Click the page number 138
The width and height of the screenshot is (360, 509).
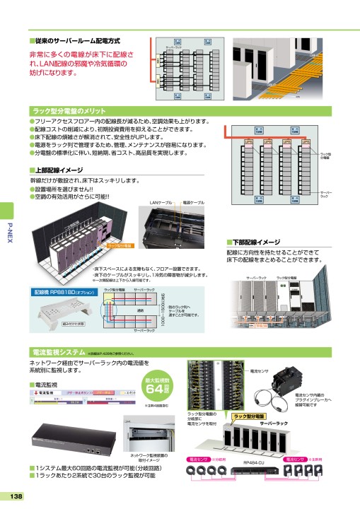13,496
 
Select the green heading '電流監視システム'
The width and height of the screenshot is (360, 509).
60,351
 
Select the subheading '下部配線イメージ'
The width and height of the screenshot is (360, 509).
256,241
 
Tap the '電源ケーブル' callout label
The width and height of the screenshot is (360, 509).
193,202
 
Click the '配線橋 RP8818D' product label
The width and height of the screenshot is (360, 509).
59,291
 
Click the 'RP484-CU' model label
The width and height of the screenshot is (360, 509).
254,463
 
